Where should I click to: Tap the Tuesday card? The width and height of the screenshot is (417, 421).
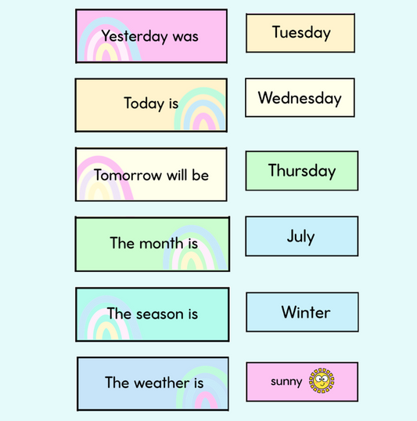[300, 33]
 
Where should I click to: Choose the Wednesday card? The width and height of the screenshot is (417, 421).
[300, 98]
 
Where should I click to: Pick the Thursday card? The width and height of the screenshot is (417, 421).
[301, 171]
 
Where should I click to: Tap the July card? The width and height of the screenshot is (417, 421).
[301, 236]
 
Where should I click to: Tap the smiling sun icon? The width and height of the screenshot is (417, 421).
[321, 381]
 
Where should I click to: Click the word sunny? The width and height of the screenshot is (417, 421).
[286, 382]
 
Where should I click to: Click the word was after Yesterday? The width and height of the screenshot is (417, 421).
[186, 36]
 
